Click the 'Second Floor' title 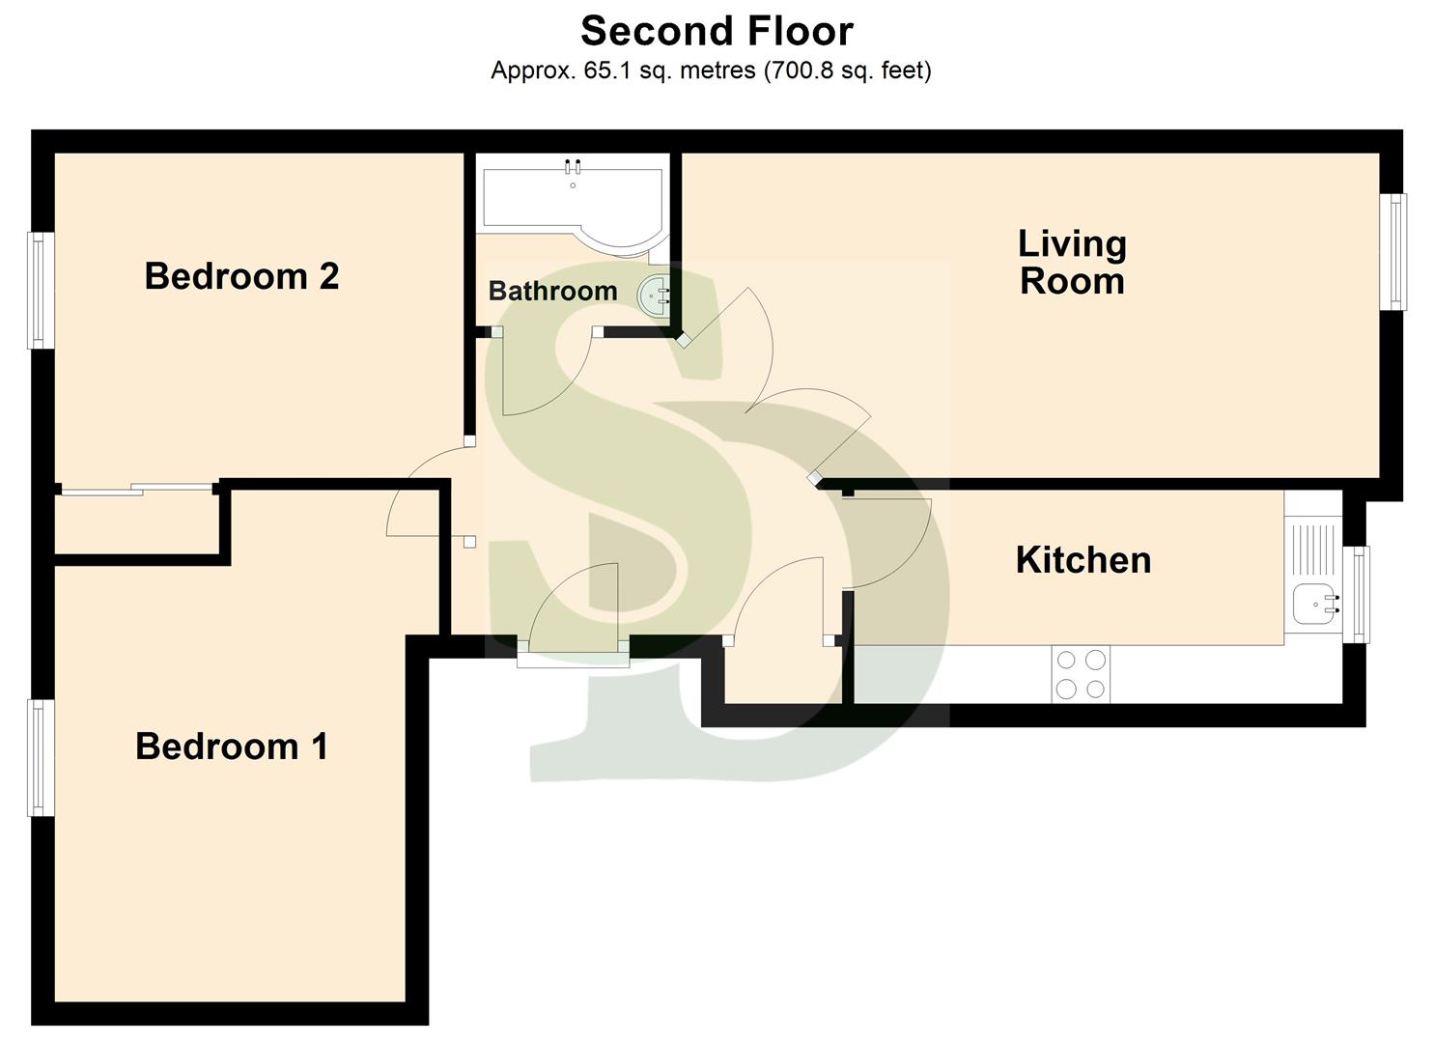(717, 31)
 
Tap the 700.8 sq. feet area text (848, 70)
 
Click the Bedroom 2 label (241, 276)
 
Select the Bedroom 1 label (232, 747)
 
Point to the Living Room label (1072, 262)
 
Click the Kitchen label (1083, 560)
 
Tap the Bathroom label (552, 291)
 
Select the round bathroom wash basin (656, 294)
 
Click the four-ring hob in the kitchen (1081, 674)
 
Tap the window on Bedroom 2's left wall (39, 290)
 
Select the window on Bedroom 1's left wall (39, 758)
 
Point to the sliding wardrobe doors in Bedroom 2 (135, 490)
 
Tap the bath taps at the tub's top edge (573, 165)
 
